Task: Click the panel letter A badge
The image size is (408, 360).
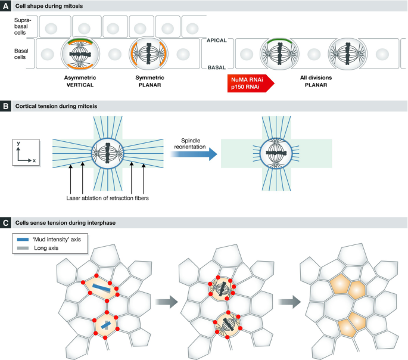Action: [x=5, y=5]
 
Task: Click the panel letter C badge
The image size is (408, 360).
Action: [x=5, y=222]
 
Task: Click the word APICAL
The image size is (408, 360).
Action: [x=215, y=41]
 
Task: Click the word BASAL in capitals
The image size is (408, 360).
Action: [x=215, y=69]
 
